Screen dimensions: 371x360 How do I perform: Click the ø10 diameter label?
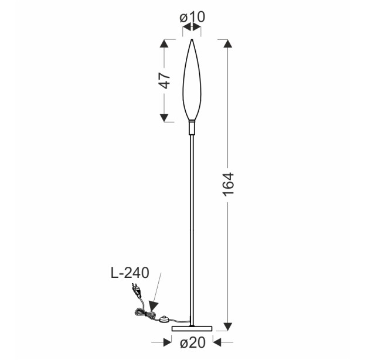pyautogui.click(x=192, y=17)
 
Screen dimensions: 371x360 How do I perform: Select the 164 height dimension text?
pyautogui.click(x=229, y=185)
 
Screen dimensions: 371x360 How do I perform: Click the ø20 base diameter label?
pyautogui.click(x=193, y=342)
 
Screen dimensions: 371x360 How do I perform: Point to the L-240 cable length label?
pyautogui.click(x=130, y=273)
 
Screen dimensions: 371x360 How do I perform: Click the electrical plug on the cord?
pyautogui.click(x=137, y=290)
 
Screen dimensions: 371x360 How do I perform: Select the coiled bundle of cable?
pyautogui.click(x=145, y=314)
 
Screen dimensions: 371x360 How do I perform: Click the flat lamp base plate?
pyautogui.click(x=192, y=328)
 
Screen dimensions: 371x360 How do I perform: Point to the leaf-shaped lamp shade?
pyautogui.click(x=192, y=80)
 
